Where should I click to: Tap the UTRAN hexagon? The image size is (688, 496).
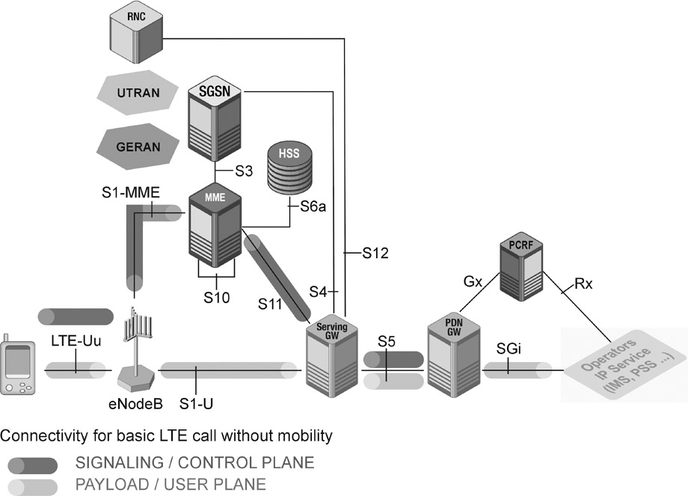pyautogui.click(x=138, y=93)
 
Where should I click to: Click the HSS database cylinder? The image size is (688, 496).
pyautogui.click(x=289, y=169)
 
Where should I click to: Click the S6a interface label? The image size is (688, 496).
pyautogui.click(x=312, y=207)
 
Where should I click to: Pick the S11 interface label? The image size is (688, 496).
pyautogui.click(x=272, y=303)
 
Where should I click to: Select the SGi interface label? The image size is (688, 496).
pyautogui.click(x=509, y=349)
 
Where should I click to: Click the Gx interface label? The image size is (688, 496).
pyautogui.click(x=473, y=282)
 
